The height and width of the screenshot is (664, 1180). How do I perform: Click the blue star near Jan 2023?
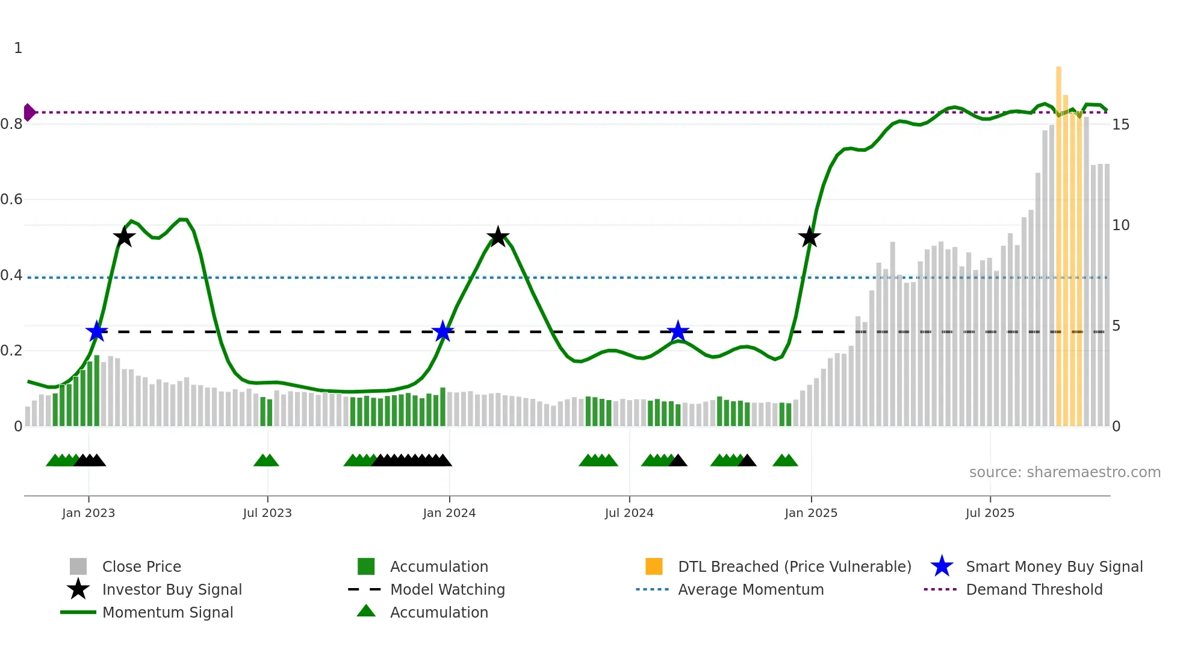pyautogui.click(x=96, y=331)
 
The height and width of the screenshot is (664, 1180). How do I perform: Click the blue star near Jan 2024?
pyautogui.click(x=443, y=331)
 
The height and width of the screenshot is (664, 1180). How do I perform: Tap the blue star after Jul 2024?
pyautogui.click(x=678, y=331)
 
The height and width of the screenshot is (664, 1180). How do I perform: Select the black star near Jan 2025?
pyautogui.click(x=809, y=237)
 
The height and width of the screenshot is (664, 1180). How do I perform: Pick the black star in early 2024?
pyautogui.click(x=498, y=237)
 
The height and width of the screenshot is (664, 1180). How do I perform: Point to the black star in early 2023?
pyautogui.click(x=124, y=237)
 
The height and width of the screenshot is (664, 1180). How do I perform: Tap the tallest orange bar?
pyautogui.click(x=1058, y=241)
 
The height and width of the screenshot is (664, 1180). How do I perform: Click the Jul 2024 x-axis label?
pyautogui.click(x=629, y=513)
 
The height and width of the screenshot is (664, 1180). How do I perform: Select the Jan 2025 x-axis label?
pyautogui.click(x=811, y=513)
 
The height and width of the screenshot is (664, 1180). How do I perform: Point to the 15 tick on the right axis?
pyautogui.click(x=1120, y=125)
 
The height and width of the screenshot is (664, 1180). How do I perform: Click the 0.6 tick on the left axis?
pyautogui.click(x=11, y=199)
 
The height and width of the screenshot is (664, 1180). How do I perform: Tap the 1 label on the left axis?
pyautogui.click(x=18, y=48)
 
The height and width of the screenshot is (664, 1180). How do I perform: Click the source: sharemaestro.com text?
pyautogui.click(x=1064, y=472)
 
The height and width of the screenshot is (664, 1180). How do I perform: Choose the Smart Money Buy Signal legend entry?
pyautogui.click(x=1054, y=566)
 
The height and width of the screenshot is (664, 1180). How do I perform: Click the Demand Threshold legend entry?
pyautogui.click(x=1034, y=589)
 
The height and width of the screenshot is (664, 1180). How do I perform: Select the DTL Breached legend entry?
pyautogui.click(x=794, y=566)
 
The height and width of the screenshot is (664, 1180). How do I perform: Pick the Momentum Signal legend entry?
pyautogui.click(x=167, y=612)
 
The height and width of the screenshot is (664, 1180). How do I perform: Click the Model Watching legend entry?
pyautogui.click(x=447, y=589)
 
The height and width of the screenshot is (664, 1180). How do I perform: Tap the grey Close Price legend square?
pyautogui.click(x=78, y=566)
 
